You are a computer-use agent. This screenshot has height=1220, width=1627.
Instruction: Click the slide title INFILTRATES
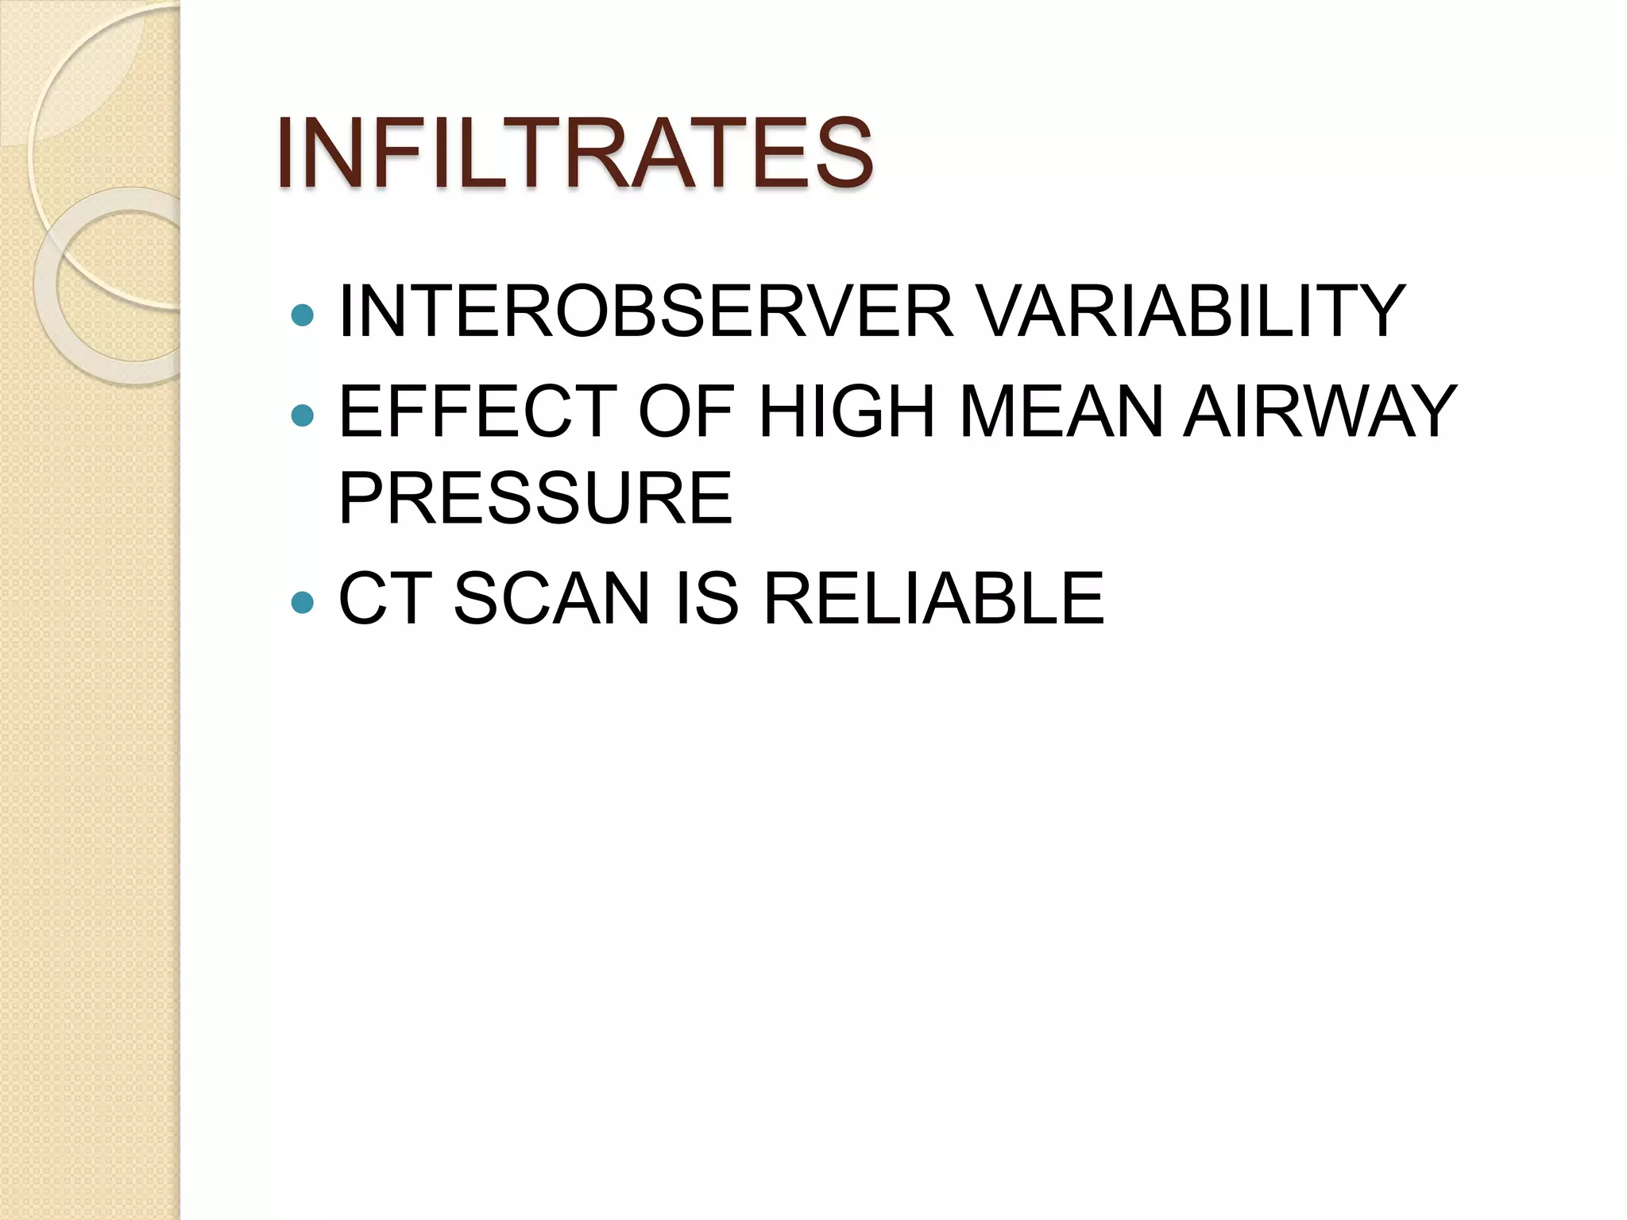pos(574,152)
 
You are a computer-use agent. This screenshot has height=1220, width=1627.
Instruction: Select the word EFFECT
pos(477,411)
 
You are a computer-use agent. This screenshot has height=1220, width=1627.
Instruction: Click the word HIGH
pos(847,411)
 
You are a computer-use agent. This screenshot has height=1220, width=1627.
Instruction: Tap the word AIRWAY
pos(1320,411)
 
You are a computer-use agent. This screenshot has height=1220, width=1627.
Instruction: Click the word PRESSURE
pos(535,498)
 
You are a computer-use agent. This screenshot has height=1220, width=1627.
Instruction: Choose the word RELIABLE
pos(933,598)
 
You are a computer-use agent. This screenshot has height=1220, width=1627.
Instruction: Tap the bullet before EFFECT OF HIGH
pos(303,415)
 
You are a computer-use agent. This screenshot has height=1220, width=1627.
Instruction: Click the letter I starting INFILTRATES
pos(284,152)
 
